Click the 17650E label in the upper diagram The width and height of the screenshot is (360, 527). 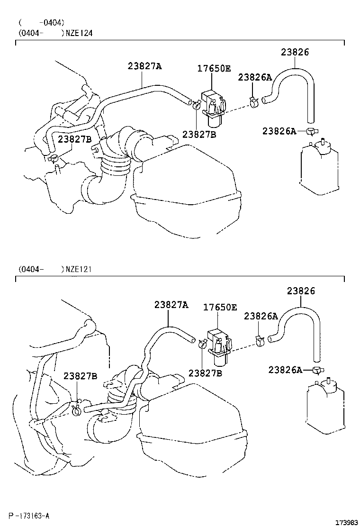[214, 69]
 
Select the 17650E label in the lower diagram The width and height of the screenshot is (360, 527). [220, 307]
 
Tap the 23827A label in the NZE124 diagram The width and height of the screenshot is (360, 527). [144, 66]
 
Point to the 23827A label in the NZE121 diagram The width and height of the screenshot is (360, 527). [171, 305]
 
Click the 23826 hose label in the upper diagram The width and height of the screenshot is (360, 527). [295, 52]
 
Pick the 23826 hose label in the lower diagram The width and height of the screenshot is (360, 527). [301, 291]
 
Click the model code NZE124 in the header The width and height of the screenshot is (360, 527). [79, 33]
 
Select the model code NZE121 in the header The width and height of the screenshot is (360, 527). [79, 269]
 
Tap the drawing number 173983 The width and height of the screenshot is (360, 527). [347, 522]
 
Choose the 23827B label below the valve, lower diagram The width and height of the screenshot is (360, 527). [205, 373]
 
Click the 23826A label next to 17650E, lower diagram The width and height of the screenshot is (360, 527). [261, 316]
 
